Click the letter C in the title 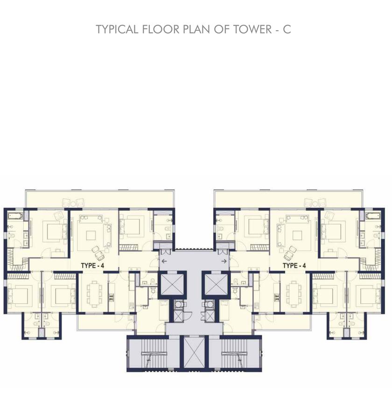coord(287,29)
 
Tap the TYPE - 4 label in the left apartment coord(92,266)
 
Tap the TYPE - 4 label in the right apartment coord(294,266)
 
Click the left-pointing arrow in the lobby coord(164,261)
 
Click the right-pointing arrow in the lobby coord(224,261)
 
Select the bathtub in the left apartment coord(15,215)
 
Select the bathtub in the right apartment coord(373,215)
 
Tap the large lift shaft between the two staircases coord(194,352)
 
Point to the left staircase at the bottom coord(153,352)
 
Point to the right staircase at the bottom coord(235,352)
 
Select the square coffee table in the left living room coord(91,236)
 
